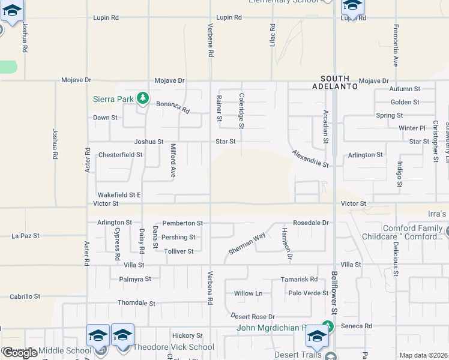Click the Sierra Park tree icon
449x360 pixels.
(x=142, y=97)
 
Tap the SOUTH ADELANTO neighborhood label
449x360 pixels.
(x=339, y=82)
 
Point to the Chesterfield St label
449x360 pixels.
(x=120, y=154)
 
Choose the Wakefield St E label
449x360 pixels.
(x=119, y=195)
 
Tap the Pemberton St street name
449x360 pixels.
(x=182, y=223)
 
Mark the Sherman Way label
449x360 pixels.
(x=247, y=243)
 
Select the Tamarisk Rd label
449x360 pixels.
(x=299, y=280)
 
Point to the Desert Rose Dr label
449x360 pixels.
(x=253, y=316)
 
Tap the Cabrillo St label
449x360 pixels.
(x=25, y=296)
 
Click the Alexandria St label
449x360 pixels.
(x=310, y=159)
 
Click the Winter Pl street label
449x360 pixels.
(x=412, y=128)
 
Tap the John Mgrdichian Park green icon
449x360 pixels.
(x=327, y=327)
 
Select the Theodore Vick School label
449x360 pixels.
(x=173, y=347)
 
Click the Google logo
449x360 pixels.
(x=20, y=353)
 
